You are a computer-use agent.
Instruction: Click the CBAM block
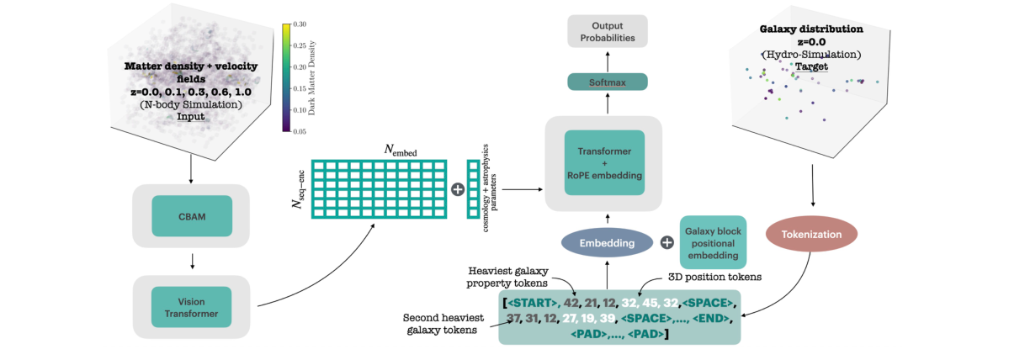pos(193,215)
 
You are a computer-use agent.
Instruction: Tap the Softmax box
pos(607,82)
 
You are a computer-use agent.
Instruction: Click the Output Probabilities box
pos(607,32)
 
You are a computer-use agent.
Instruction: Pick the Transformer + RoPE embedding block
pos(605,163)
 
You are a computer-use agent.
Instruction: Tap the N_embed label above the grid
pos(401,150)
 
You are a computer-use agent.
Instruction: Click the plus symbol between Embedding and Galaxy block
pos(666,242)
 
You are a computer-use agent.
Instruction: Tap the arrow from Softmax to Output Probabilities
pos(607,60)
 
